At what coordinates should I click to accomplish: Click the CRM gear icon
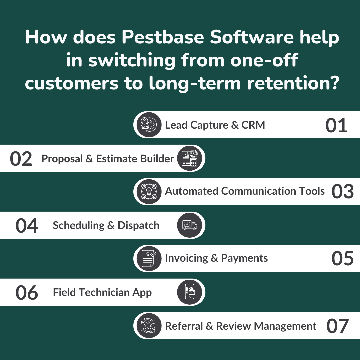149,125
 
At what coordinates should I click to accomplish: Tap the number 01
336,125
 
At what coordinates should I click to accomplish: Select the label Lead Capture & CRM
215,125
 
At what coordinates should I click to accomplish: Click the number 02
21,159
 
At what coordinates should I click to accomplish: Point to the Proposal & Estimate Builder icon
189,158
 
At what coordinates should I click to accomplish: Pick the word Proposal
62,159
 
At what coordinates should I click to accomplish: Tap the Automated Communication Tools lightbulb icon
149,192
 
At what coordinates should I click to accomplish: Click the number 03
342,191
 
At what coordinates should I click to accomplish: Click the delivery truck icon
189,225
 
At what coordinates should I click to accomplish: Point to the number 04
27,226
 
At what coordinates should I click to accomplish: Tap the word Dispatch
138,225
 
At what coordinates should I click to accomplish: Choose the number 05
342,258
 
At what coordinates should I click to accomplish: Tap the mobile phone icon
189,292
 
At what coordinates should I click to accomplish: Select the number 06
27,293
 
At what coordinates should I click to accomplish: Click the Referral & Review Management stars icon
149,325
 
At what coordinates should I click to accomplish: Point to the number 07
337,326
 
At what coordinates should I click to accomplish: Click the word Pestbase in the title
163,37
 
